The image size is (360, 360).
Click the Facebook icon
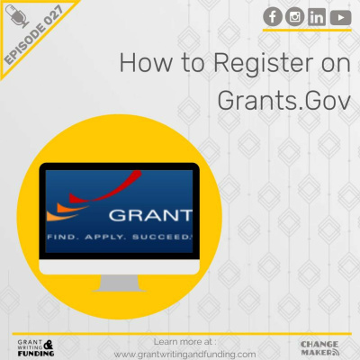pos(273,16)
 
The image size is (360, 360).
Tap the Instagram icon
pos(295,16)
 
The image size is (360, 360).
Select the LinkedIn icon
pos(317,16)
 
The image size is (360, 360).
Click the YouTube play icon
pos(339,16)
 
